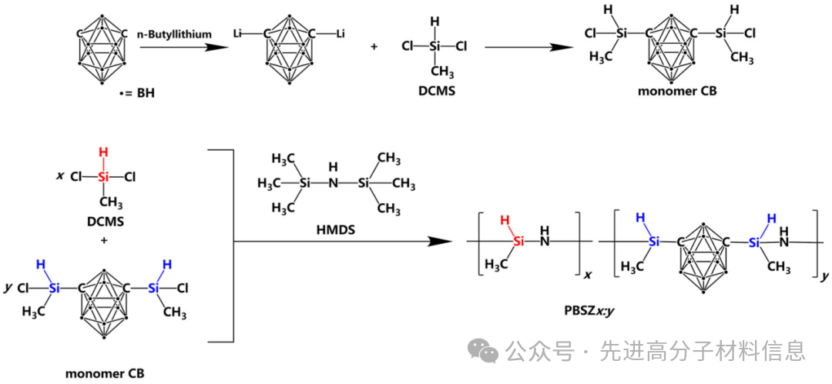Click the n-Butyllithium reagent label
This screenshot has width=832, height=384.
175,35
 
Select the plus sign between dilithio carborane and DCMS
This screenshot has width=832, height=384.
374,47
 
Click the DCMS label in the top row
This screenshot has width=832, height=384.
434,92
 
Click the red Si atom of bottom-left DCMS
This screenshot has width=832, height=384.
103,178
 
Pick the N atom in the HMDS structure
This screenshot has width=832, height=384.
333,184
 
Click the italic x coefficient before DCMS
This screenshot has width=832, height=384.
59,175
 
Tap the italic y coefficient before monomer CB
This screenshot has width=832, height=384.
8,288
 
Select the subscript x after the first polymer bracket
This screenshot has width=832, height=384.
588,275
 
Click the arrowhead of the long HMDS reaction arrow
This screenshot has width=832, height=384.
441,242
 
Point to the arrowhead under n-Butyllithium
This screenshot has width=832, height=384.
216,47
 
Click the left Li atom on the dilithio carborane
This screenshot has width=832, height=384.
238,35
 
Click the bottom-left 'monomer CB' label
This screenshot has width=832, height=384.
105,373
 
